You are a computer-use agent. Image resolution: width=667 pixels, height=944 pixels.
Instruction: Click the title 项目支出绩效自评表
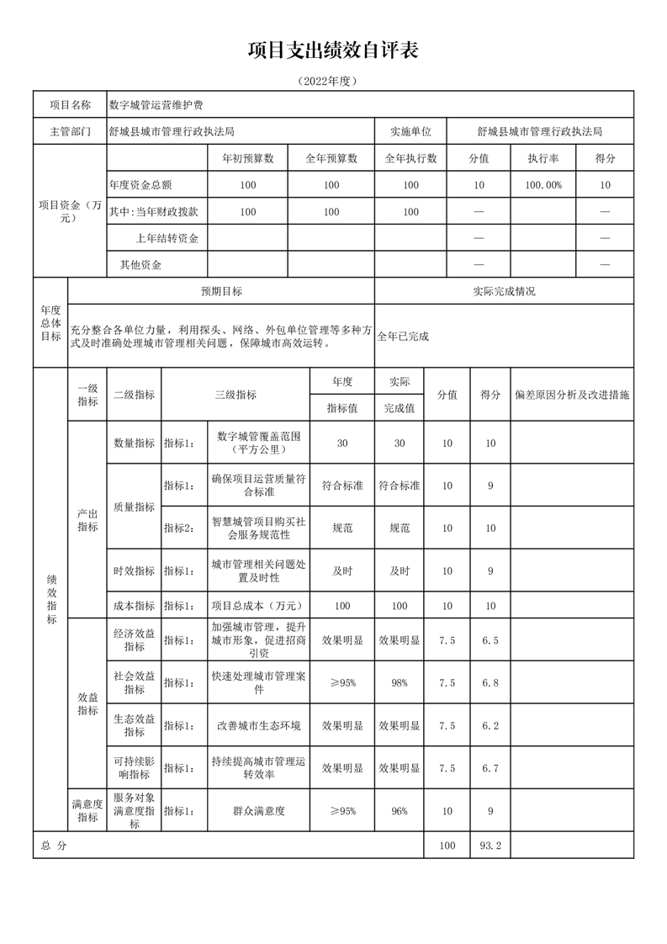click(333, 50)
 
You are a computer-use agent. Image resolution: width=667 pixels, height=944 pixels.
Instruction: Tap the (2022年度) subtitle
click(333, 82)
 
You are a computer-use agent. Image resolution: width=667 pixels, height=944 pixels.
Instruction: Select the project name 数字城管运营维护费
click(156, 105)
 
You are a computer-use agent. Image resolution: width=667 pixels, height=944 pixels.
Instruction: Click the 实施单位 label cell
click(410, 131)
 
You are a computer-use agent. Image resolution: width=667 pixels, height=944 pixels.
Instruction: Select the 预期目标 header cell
click(221, 291)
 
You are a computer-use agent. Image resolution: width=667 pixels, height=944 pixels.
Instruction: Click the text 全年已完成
click(403, 336)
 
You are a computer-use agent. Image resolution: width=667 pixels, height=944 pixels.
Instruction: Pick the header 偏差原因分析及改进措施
click(572, 394)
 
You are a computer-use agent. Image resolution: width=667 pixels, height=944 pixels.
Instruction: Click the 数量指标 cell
click(134, 443)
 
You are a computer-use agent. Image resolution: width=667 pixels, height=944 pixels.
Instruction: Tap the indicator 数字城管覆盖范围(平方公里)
click(258, 443)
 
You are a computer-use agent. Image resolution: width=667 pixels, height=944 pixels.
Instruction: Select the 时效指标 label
click(134, 570)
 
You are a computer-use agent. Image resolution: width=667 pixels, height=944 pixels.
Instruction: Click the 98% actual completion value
click(400, 682)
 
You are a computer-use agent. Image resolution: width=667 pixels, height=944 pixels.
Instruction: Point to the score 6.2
click(490, 725)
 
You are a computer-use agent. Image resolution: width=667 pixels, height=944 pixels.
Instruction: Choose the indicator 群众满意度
click(258, 811)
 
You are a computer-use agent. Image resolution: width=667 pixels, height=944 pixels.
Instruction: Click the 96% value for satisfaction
click(400, 811)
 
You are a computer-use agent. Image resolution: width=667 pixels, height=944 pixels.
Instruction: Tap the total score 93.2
click(490, 846)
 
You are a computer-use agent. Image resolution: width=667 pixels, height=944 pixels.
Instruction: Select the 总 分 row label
click(53, 846)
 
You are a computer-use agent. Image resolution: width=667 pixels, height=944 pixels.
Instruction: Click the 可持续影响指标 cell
click(134, 767)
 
